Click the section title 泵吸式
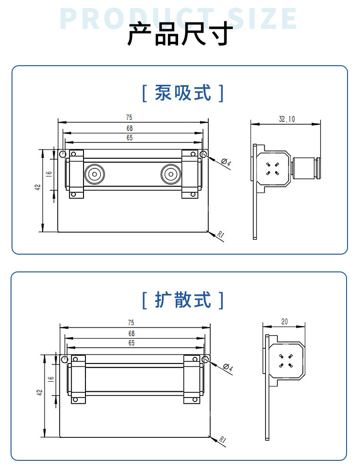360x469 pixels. (x=183, y=93)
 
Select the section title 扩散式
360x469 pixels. (x=183, y=300)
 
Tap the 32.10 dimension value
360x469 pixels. (x=287, y=119)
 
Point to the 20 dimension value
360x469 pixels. (x=284, y=322)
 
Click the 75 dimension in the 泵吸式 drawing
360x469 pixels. (x=129, y=117)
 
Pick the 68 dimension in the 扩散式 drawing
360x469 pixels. (x=131, y=333)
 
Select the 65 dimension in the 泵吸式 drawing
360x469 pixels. (x=130, y=138)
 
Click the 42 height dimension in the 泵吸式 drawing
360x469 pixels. (x=37, y=187)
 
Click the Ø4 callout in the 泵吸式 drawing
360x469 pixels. (x=226, y=163)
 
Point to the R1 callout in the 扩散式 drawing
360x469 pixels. (x=222, y=439)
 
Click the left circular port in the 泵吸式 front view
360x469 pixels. (x=95, y=174)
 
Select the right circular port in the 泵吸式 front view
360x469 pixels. (x=171, y=174)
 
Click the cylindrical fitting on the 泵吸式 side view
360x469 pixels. (x=306, y=168)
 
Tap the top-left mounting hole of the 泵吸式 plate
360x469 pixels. (x=62, y=154)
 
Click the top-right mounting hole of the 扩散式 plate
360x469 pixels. (x=205, y=359)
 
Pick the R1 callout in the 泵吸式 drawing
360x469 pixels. (x=220, y=234)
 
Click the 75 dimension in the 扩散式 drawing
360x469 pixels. (x=131, y=322)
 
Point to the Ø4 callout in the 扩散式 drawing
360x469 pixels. (x=228, y=367)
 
